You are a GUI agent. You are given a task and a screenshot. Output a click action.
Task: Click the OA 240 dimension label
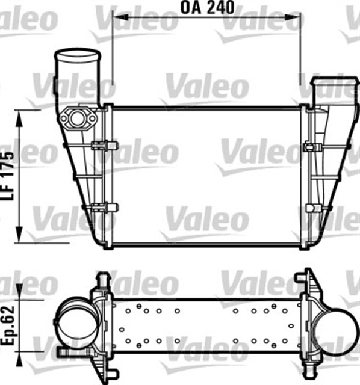point(206,8)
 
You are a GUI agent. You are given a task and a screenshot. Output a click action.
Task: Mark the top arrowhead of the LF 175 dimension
point(20,115)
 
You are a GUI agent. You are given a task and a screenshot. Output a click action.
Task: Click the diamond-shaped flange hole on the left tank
point(77,118)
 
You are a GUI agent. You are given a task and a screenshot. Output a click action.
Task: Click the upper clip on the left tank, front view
point(104,145)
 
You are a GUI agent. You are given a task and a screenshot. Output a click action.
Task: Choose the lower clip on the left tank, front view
point(104,207)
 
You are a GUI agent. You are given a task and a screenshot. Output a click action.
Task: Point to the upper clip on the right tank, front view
point(311,146)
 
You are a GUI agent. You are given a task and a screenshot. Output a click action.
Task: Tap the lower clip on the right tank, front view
point(311,208)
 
